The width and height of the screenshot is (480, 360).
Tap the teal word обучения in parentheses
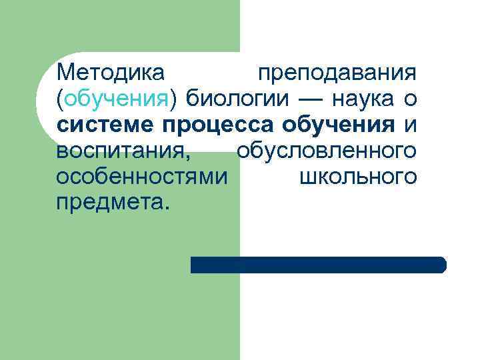(117, 99)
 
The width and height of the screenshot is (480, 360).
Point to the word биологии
(237, 99)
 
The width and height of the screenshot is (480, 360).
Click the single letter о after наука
(411, 99)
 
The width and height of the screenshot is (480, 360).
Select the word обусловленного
(326, 151)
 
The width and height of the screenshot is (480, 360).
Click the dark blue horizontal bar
(318, 265)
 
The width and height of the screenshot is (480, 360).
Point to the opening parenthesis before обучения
(60, 99)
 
